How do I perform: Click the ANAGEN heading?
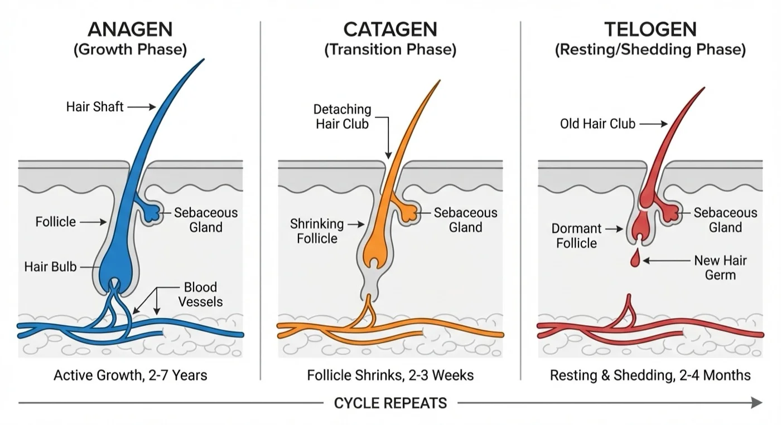pos(130,29)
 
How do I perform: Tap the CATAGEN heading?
pos(390,29)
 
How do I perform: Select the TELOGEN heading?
pos(650,29)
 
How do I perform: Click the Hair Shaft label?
pos(95,106)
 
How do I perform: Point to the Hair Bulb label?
pos(50,267)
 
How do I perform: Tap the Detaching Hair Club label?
pos(342,116)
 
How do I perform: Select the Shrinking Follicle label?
pos(317,231)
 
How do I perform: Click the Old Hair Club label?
pos(597,124)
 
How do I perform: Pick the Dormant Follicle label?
pos(576,236)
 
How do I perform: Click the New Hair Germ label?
pos(720,267)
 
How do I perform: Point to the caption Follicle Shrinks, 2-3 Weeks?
pos(390,375)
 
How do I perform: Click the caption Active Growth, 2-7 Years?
pos(130,375)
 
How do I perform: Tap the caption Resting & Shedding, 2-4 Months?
pos(650,375)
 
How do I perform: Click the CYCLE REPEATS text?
pos(390,403)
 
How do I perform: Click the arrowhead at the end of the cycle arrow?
pos(756,402)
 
